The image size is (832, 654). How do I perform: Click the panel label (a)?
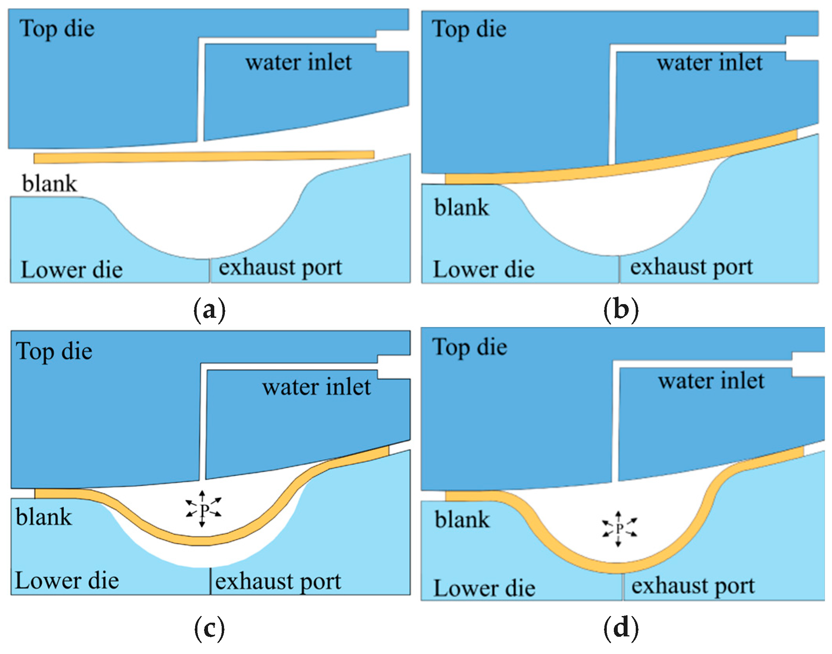pyautogui.click(x=210, y=310)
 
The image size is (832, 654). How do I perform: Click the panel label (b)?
pyautogui.click(x=621, y=310)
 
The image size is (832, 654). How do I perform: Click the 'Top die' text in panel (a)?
pyautogui.click(x=57, y=29)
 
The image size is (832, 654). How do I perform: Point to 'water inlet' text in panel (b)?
pyautogui.click(x=710, y=63)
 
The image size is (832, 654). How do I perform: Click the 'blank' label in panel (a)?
pyautogui.click(x=49, y=184)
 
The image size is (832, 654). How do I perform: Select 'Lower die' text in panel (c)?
pyautogui.click(x=67, y=580)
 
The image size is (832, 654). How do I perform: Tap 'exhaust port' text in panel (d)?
pyautogui.click(x=693, y=586)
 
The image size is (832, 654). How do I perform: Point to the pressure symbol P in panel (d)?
pyautogui.click(x=619, y=529)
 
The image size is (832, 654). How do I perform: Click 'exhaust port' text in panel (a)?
pyautogui.click(x=280, y=268)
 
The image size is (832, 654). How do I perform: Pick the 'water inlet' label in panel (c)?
pyautogui.click(x=317, y=387)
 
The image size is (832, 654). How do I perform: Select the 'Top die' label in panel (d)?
pyautogui.click(x=470, y=347)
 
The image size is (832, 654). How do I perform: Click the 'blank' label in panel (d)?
pyautogui.click(x=462, y=520)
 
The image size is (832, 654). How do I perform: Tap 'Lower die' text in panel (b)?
pyautogui.click(x=484, y=269)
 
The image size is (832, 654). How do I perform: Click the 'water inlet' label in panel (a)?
pyautogui.click(x=298, y=62)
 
